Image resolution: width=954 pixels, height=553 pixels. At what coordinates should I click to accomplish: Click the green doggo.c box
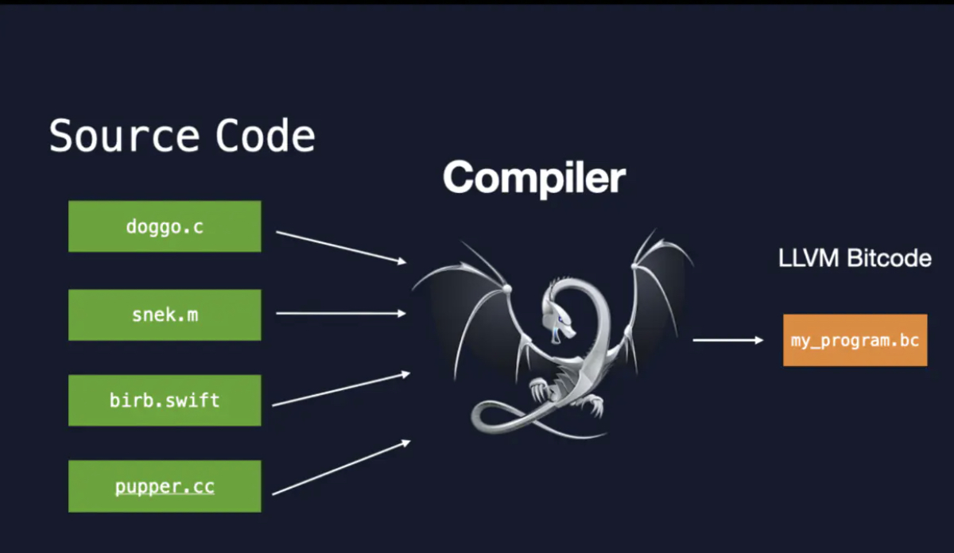click(x=165, y=226)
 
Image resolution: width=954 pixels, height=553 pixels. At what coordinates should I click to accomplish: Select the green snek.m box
click(x=165, y=315)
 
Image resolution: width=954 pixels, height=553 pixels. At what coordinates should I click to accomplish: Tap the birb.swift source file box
click(x=165, y=400)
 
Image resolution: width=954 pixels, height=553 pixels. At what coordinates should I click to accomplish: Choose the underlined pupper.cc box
click(x=165, y=485)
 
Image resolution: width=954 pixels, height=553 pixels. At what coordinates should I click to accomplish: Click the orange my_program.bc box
click(x=855, y=340)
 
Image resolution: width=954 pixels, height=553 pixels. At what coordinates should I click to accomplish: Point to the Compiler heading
click(x=534, y=177)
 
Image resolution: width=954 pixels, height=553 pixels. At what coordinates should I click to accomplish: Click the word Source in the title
click(x=123, y=136)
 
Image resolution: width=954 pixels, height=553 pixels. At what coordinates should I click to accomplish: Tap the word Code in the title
click(x=266, y=136)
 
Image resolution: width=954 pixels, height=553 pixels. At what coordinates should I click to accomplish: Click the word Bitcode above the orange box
click(x=888, y=258)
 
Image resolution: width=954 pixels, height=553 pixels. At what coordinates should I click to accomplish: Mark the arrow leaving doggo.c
click(x=340, y=246)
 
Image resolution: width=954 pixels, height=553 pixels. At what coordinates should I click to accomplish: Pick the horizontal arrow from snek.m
click(x=340, y=313)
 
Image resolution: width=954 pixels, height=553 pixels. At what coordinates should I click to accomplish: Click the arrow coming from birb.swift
click(x=340, y=389)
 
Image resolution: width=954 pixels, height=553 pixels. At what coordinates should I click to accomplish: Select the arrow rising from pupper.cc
click(x=340, y=467)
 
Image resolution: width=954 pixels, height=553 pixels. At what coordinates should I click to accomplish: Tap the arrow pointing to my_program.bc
click(x=727, y=340)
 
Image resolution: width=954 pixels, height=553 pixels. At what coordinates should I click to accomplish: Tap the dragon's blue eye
click(x=562, y=320)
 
